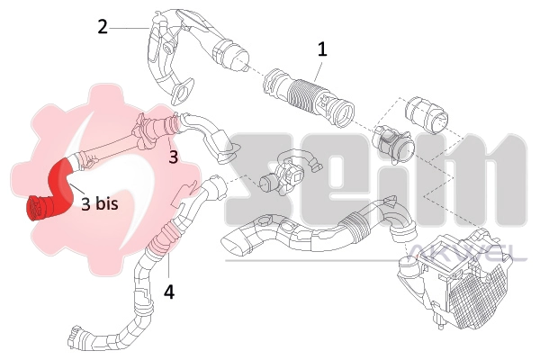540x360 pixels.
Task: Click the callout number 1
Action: coord(322,49)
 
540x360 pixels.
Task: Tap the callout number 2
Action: coord(103,27)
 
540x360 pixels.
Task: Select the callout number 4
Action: coord(169,292)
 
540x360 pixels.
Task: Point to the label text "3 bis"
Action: coord(100,203)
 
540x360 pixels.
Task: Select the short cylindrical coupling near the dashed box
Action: coord(427,115)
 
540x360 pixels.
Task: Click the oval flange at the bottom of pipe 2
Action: coord(182,91)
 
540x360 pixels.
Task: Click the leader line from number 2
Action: coord(130,28)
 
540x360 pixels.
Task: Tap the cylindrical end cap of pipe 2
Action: coord(230,55)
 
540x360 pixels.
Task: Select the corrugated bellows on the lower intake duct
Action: coord(355,222)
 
